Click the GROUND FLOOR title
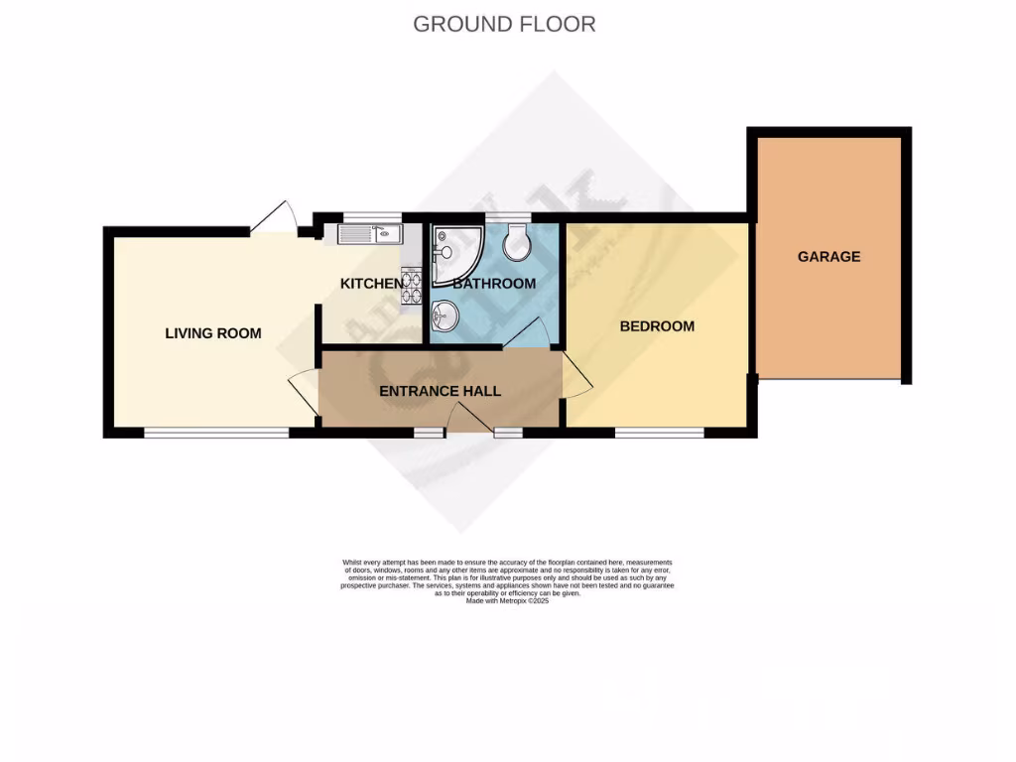(504, 24)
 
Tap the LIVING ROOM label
(213, 333)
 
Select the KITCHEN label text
(372, 284)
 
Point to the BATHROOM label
(494, 284)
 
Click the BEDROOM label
(657, 326)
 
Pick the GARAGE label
(828, 257)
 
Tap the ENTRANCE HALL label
(440, 391)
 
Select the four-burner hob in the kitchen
(411, 286)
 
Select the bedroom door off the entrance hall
(576, 378)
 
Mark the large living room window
(216, 433)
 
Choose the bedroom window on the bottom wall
(659, 433)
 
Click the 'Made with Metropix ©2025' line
(507, 601)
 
